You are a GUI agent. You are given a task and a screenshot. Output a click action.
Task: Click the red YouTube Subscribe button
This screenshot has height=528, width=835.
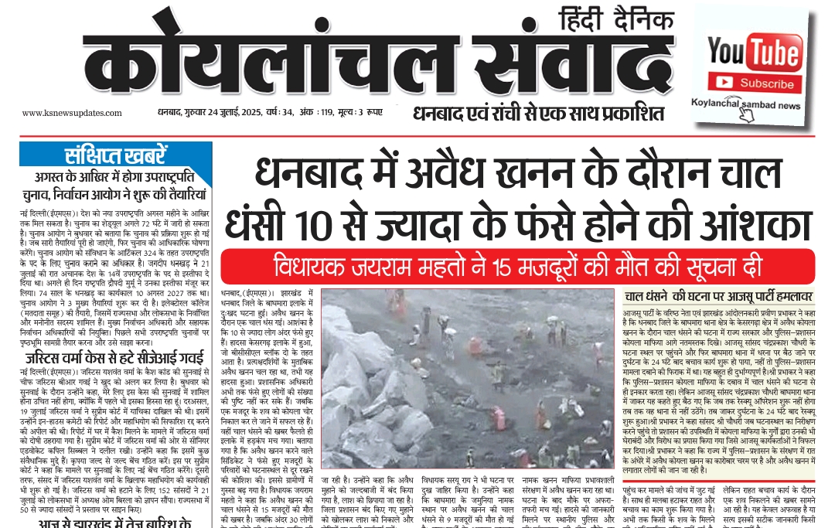point(754,83)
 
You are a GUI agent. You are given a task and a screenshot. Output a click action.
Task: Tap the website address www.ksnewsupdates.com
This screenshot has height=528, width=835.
point(65,113)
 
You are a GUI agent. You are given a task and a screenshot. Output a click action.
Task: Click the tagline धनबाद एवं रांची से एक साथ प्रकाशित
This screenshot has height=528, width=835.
point(538,114)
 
